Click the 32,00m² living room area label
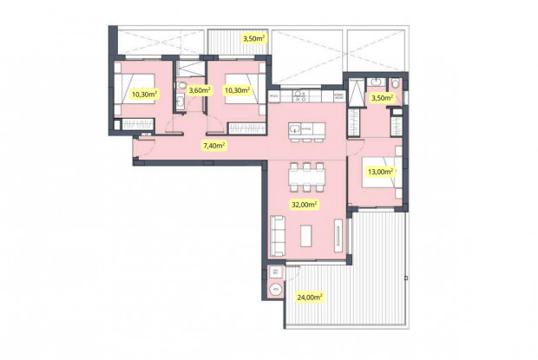pyautogui.click(x=304, y=205)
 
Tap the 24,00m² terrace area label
pyautogui.click(x=308, y=297)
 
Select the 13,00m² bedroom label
pyautogui.click(x=379, y=172)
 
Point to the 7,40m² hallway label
pyautogui.click(x=213, y=146)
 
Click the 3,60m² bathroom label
pyautogui.click(x=200, y=90)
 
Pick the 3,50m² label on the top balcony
pyautogui.click(x=253, y=38)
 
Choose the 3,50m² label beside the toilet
pyautogui.click(x=382, y=98)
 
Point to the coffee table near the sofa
pyautogui.click(x=305, y=234)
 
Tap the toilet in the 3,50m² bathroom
pyautogui.click(x=395, y=83)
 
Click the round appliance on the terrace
pyautogui.click(x=275, y=289)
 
